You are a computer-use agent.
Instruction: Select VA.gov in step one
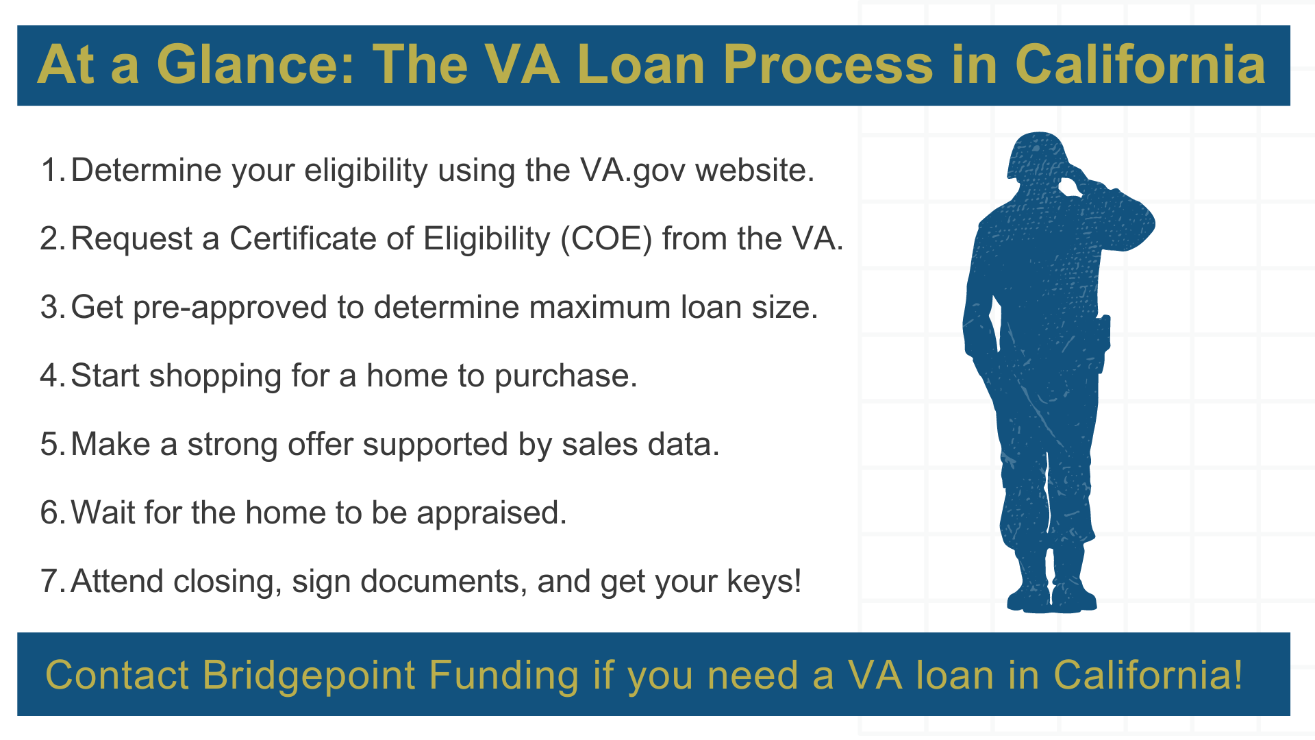click(632, 170)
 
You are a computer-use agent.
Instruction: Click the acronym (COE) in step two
click(606, 238)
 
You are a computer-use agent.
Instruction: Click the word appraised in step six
click(491, 513)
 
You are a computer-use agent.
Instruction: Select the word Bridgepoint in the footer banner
click(309, 676)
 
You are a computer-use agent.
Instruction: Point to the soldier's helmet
click(1036, 154)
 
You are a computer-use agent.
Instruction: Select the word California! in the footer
click(1148, 676)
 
